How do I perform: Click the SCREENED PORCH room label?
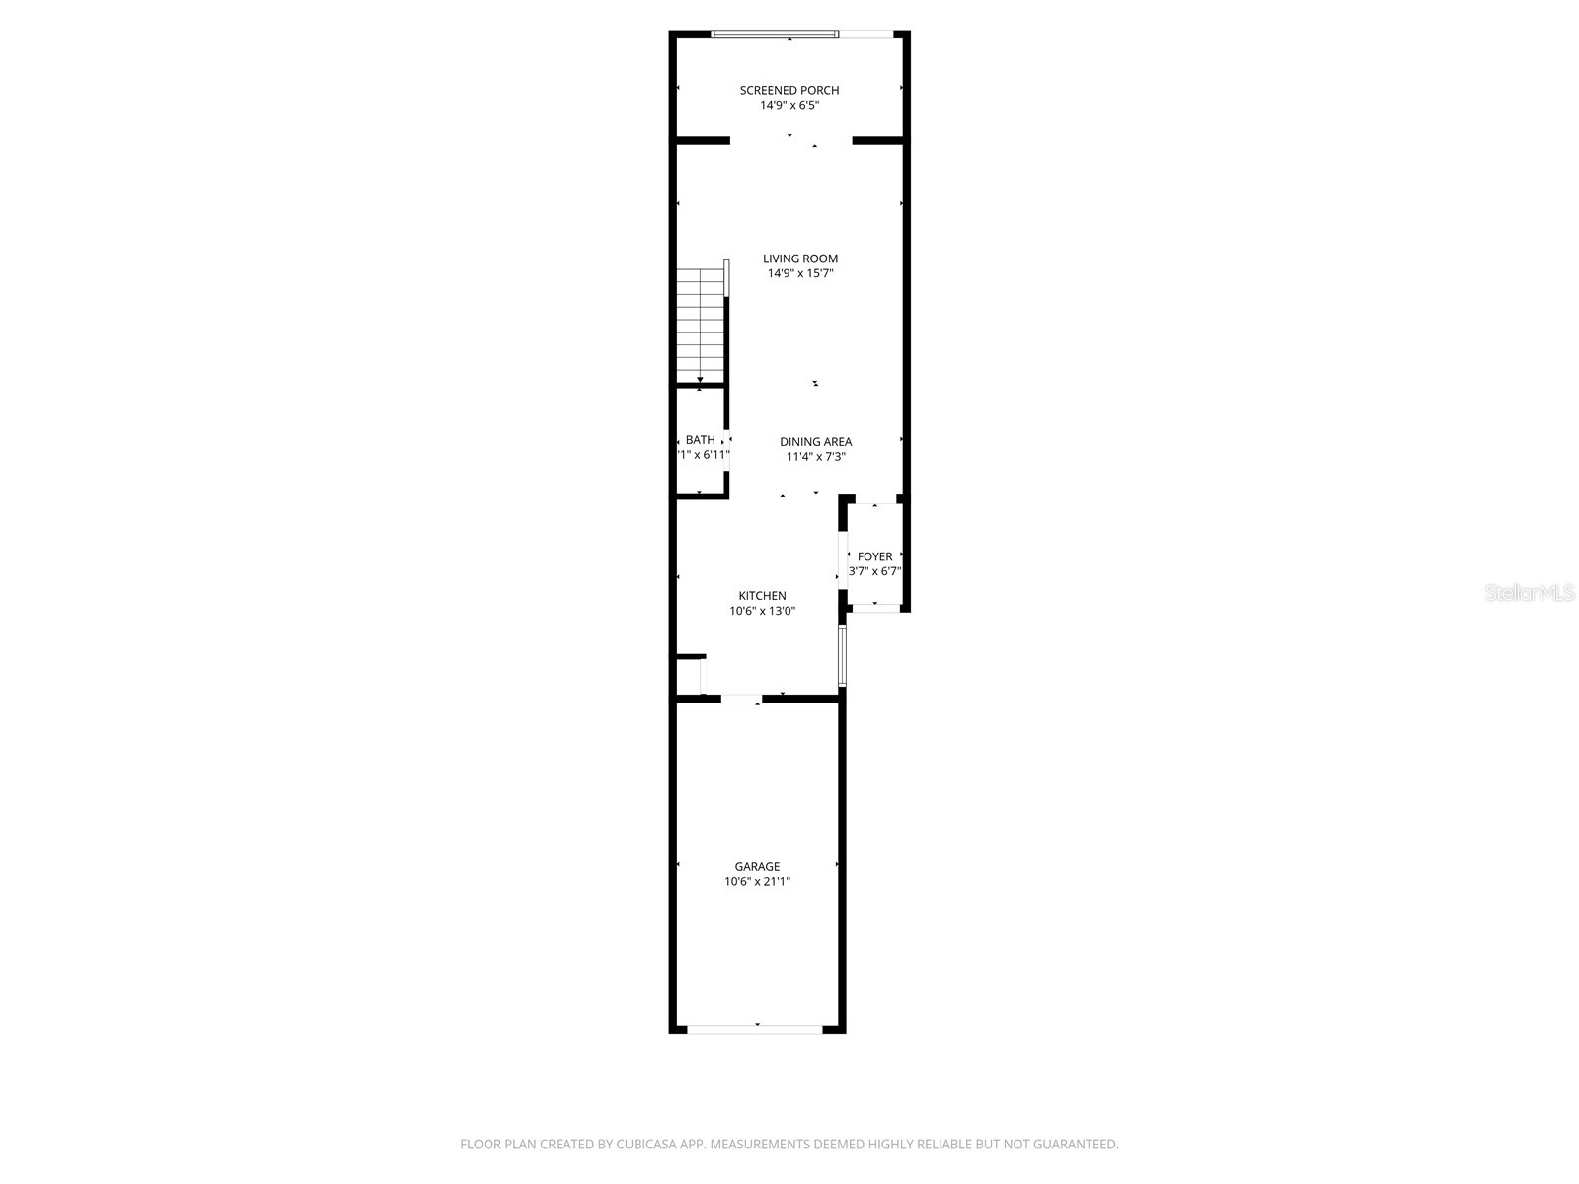(789, 90)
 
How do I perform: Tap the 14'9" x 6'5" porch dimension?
(789, 105)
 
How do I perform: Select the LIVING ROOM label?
(800, 259)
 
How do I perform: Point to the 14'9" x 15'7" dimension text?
(800, 273)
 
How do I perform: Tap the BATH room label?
(701, 440)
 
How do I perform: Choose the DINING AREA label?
(815, 442)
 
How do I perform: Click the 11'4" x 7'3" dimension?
(815, 457)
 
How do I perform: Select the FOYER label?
(874, 556)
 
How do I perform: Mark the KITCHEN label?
(763, 596)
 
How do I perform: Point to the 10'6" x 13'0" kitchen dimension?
(763, 611)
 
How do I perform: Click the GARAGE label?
(757, 867)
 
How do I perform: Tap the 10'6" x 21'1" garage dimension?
(757, 882)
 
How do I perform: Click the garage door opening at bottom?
(755, 1029)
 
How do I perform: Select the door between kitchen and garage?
(741, 699)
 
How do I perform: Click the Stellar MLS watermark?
(1531, 593)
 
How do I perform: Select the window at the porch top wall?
(775, 35)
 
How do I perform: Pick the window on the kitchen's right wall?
(842, 655)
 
